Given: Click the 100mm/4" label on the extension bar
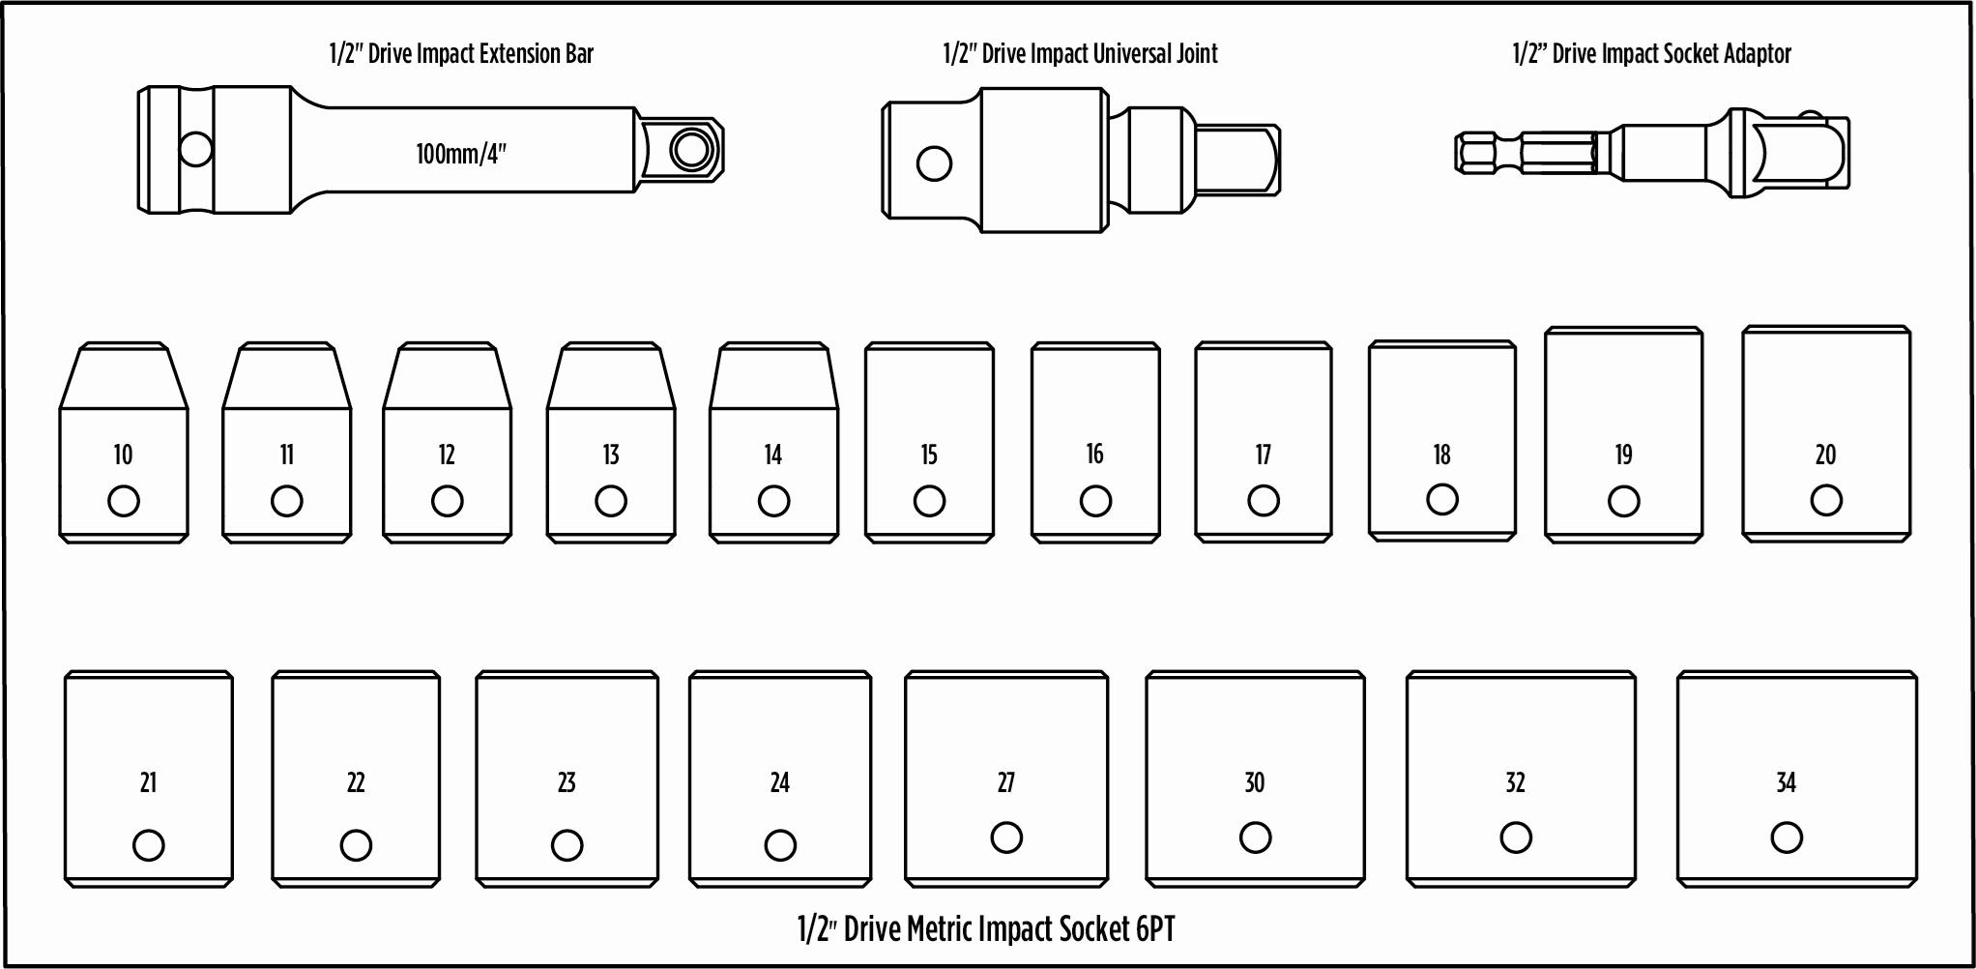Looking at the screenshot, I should [x=461, y=154].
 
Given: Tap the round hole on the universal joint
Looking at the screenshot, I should [x=934, y=162].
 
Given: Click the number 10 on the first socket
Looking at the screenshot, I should [x=123, y=455].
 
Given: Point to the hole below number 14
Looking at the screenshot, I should [x=773, y=501].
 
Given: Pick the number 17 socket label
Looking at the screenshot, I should [x=1263, y=455].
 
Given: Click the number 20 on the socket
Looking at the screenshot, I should [x=1825, y=455].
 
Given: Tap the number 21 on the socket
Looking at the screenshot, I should [x=148, y=782].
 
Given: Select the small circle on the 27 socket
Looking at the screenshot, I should [x=1006, y=837].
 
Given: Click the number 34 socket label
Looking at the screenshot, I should [x=1786, y=782].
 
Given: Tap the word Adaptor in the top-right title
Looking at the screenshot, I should [x=1758, y=53].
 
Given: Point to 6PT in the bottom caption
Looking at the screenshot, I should [x=1155, y=929].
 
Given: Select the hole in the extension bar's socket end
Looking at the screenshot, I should [x=196, y=150].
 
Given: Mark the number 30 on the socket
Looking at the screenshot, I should [x=1254, y=782].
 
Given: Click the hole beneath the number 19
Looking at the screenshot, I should [x=1623, y=501].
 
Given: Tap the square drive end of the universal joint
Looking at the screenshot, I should [x=1237, y=159].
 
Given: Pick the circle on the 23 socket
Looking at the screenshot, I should [x=567, y=845].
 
